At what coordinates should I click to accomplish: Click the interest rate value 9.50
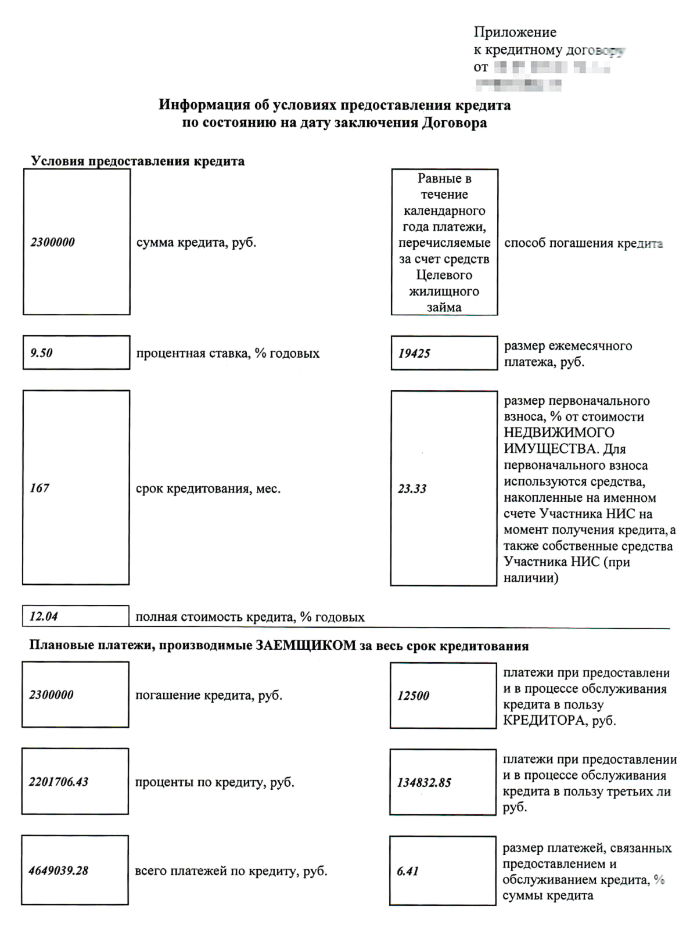pyautogui.click(x=41, y=352)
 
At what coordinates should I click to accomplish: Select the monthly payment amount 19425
pyautogui.click(x=414, y=353)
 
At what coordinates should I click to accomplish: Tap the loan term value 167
pyautogui.click(x=39, y=488)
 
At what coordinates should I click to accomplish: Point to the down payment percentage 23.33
pyautogui.click(x=412, y=488)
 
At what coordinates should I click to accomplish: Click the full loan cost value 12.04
pyautogui.click(x=44, y=616)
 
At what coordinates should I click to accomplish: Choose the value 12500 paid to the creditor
pyautogui.click(x=413, y=695)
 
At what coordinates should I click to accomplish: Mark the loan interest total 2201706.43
pyautogui.click(x=59, y=782)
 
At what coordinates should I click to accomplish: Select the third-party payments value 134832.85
pyautogui.click(x=424, y=782)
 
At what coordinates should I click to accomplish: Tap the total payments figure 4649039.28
pyautogui.click(x=59, y=870)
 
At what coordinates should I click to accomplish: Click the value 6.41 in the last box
pyautogui.click(x=407, y=871)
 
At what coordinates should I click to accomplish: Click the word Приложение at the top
pyautogui.click(x=515, y=32)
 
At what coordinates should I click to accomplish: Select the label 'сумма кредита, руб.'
pyautogui.click(x=196, y=242)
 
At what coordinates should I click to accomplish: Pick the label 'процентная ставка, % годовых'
pyautogui.click(x=228, y=353)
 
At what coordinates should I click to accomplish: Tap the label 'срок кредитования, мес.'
pyautogui.click(x=208, y=488)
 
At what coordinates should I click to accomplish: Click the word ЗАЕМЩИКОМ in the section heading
pyautogui.click(x=306, y=646)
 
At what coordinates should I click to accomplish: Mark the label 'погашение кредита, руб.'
pyautogui.click(x=209, y=695)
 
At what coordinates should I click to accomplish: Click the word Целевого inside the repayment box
pyautogui.click(x=444, y=275)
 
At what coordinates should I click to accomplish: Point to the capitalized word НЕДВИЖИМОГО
pyautogui.click(x=559, y=433)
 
